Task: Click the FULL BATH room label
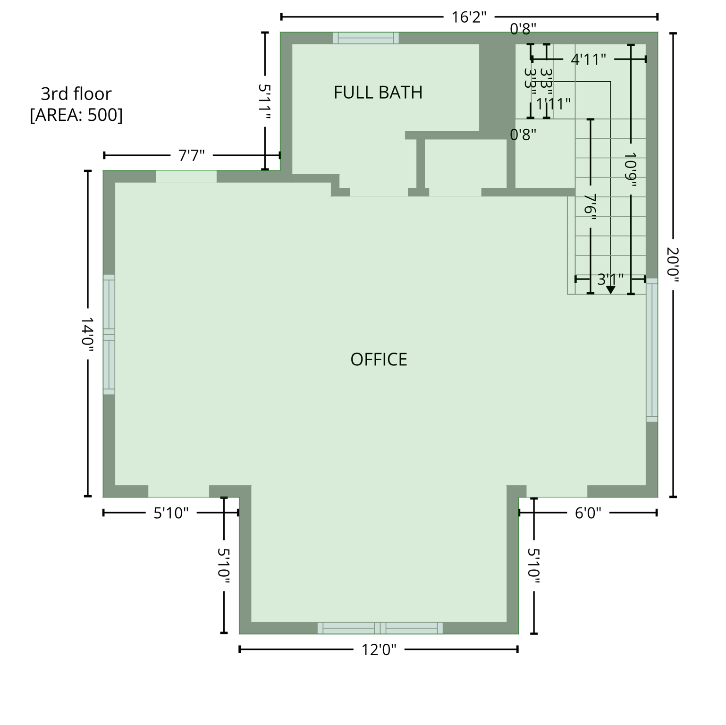378,93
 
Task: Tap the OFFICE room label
379,360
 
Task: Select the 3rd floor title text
76,94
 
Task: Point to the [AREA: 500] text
76,115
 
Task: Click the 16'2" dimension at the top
469,17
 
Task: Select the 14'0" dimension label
88,334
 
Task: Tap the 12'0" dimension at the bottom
379,650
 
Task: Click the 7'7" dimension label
191,155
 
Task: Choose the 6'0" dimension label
588,513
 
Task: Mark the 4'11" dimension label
588,60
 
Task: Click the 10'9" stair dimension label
631,169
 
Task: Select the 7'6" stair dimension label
590,204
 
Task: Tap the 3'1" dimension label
610,279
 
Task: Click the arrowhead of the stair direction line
610,290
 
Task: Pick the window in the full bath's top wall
366,38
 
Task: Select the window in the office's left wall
109,334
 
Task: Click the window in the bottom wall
380,628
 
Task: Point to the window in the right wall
651,350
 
